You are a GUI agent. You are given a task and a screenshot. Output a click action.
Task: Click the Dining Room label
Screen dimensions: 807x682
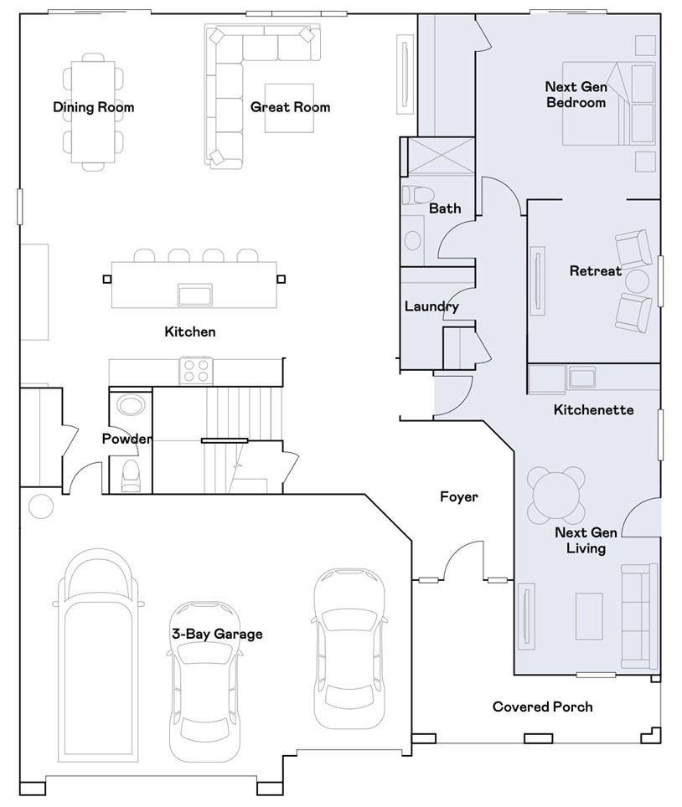pyautogui.click(x=93, y=107)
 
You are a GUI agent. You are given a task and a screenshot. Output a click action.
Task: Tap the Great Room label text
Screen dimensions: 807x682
pyautogui.click(x=290, y=107)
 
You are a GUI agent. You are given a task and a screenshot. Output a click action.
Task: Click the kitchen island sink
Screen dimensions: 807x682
pyautogui.click(x=194, y=295)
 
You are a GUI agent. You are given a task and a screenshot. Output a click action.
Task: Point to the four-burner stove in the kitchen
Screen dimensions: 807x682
pyautogui.click(x=196, y=370)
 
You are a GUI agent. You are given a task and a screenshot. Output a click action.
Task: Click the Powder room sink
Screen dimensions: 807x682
pyautogui.click(x=130, y=406)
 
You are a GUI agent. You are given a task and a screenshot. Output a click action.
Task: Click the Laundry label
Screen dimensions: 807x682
pyautogui.click(x=431, y=306)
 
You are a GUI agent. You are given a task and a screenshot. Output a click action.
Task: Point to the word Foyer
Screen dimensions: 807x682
pyautogui.click(x=459, y=497)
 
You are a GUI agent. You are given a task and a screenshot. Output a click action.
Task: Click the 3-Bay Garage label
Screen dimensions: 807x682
pyautogui.click(x=217, y=634)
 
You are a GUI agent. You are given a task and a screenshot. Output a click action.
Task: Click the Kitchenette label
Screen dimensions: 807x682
pyautogui.click(x=593, y=410)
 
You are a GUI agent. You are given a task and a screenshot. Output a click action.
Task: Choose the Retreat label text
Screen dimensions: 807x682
pyautogui.click(x=596, y=271)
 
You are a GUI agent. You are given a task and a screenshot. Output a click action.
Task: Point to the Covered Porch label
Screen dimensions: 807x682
pyautogui.click(x=542, y=707)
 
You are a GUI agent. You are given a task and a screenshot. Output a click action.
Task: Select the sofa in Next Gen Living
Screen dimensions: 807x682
pyautogui.click(x=639, y=616)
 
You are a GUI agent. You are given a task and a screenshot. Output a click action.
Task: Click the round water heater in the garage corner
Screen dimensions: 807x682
pyautogui.click(x=39, y=506)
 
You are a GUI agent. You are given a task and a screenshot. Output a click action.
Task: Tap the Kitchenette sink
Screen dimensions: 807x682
pyautogui.click(x=582, y=378)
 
